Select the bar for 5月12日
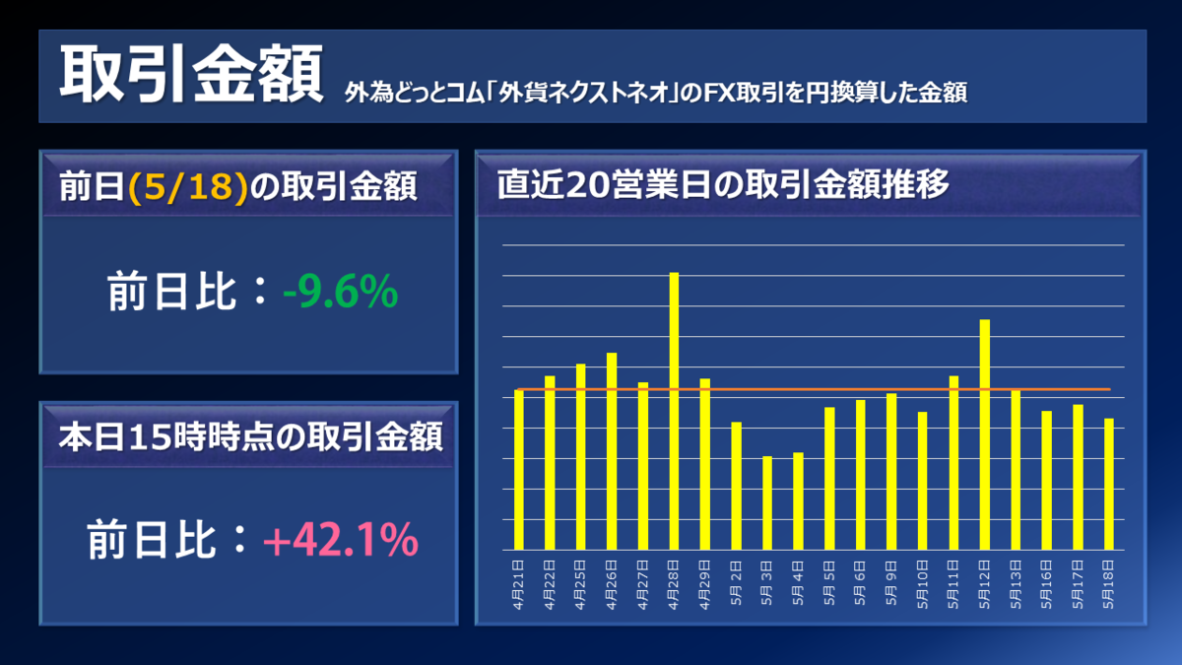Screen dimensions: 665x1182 pos(984,434)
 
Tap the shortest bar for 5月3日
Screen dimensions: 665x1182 pos(767,502)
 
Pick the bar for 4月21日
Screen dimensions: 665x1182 pos(519,469)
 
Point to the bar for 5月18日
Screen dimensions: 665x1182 pos(1108,484)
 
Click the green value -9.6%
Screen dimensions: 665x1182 pos(340,293)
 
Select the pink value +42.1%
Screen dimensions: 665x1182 pos(340,539)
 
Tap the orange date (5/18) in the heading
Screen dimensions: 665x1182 pos(187,186)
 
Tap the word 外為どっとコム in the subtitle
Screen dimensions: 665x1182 pos(404,94)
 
